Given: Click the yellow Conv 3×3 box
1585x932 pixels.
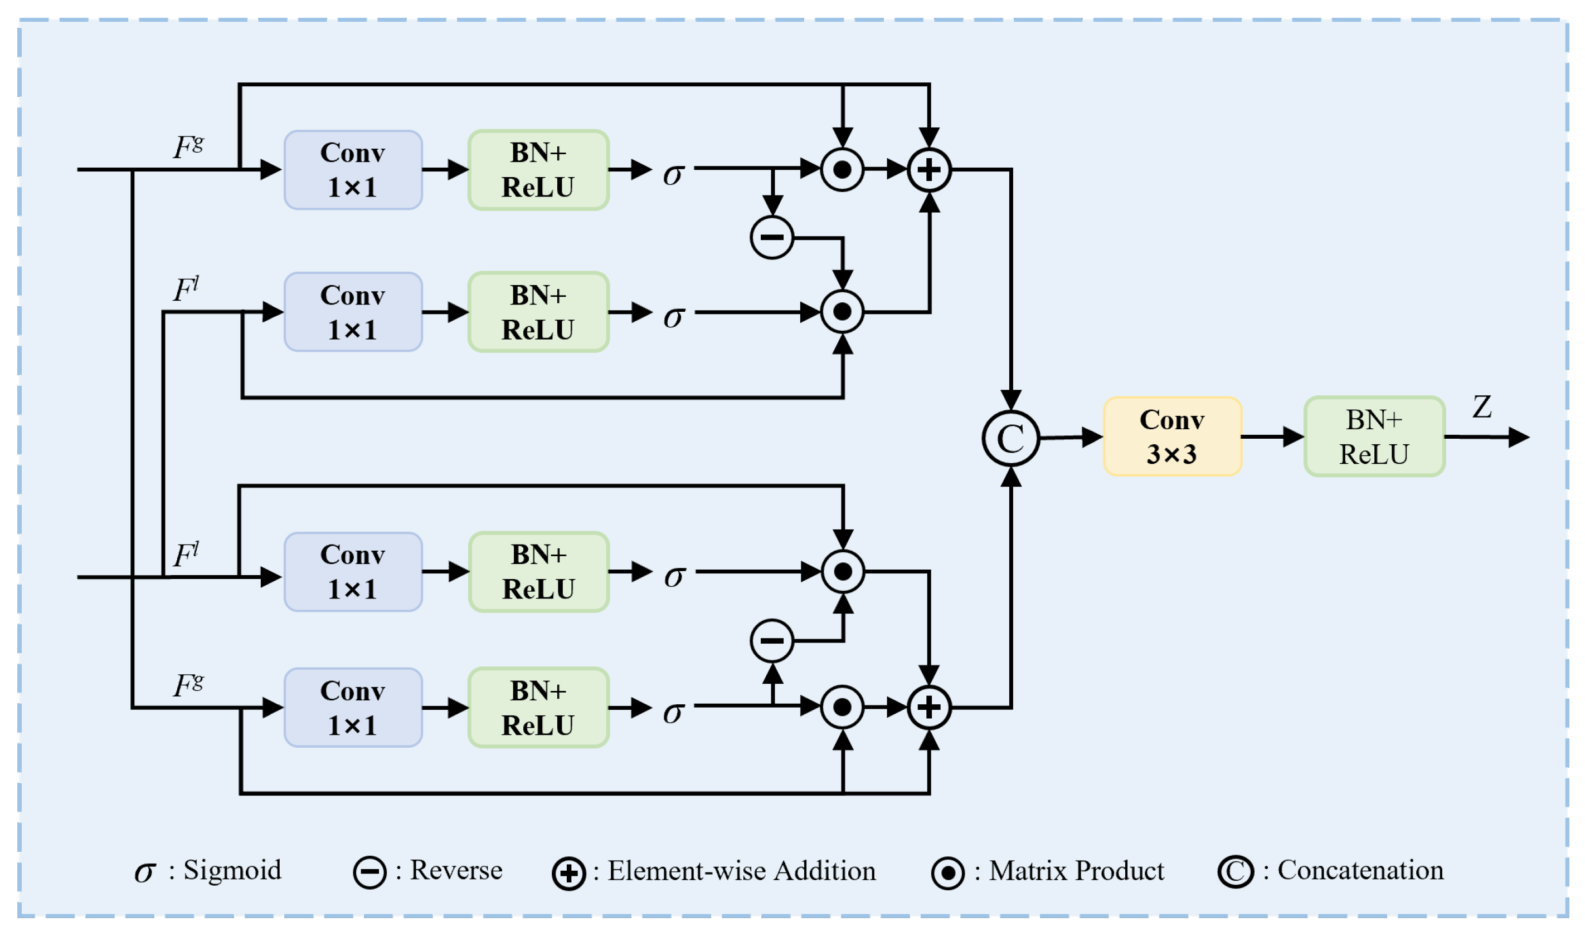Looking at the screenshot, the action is coord(1173,437).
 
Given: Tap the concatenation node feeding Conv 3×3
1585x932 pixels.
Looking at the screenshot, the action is coord(1011,438).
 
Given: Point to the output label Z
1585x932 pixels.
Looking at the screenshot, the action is coord(1482,407).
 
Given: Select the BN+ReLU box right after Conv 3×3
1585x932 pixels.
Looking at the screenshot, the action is coord(1374,437).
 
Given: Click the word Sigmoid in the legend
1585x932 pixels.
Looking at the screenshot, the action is coord(232,870).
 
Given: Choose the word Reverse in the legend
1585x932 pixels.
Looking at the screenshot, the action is coord(456,870).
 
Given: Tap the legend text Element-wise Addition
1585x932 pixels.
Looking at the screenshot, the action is coord(742,871).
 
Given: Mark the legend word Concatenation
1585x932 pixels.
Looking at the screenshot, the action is coord(1360,870).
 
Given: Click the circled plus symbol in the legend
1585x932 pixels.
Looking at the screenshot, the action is coord(568,874).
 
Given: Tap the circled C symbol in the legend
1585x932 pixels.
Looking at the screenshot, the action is coord(1236,872).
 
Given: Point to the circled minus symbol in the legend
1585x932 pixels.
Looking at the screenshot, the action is coord(370,872).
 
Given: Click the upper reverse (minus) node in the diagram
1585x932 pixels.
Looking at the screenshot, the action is coord(772,238).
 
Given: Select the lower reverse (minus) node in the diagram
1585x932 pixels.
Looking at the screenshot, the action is coord(772,641).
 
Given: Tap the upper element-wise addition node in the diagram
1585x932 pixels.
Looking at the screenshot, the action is coord(929,170).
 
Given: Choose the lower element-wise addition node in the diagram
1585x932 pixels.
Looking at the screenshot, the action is coord(929,708).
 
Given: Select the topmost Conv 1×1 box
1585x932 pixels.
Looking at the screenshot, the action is coord(353,170).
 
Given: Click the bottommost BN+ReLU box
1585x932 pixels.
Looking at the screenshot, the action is coord(538,708).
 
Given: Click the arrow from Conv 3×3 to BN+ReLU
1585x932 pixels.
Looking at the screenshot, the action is coord(1272,437).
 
